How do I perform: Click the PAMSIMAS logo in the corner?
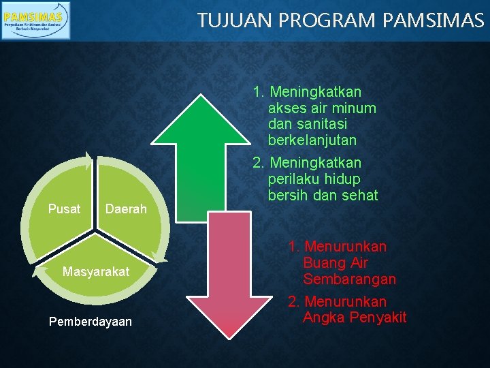35,20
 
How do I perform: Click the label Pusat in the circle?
64,209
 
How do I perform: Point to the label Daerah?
126,209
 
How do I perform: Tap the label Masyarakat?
95,271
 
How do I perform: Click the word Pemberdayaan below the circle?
91,321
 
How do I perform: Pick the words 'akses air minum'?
322,108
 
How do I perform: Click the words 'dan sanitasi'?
308,124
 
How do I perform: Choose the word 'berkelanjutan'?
312,140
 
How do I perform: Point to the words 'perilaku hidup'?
314,179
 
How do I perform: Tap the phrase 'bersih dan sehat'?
323,196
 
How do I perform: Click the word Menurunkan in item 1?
345,246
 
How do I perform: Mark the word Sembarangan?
350,279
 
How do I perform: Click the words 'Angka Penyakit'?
355,317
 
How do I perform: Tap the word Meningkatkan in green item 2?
316,163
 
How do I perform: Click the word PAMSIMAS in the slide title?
434,20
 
